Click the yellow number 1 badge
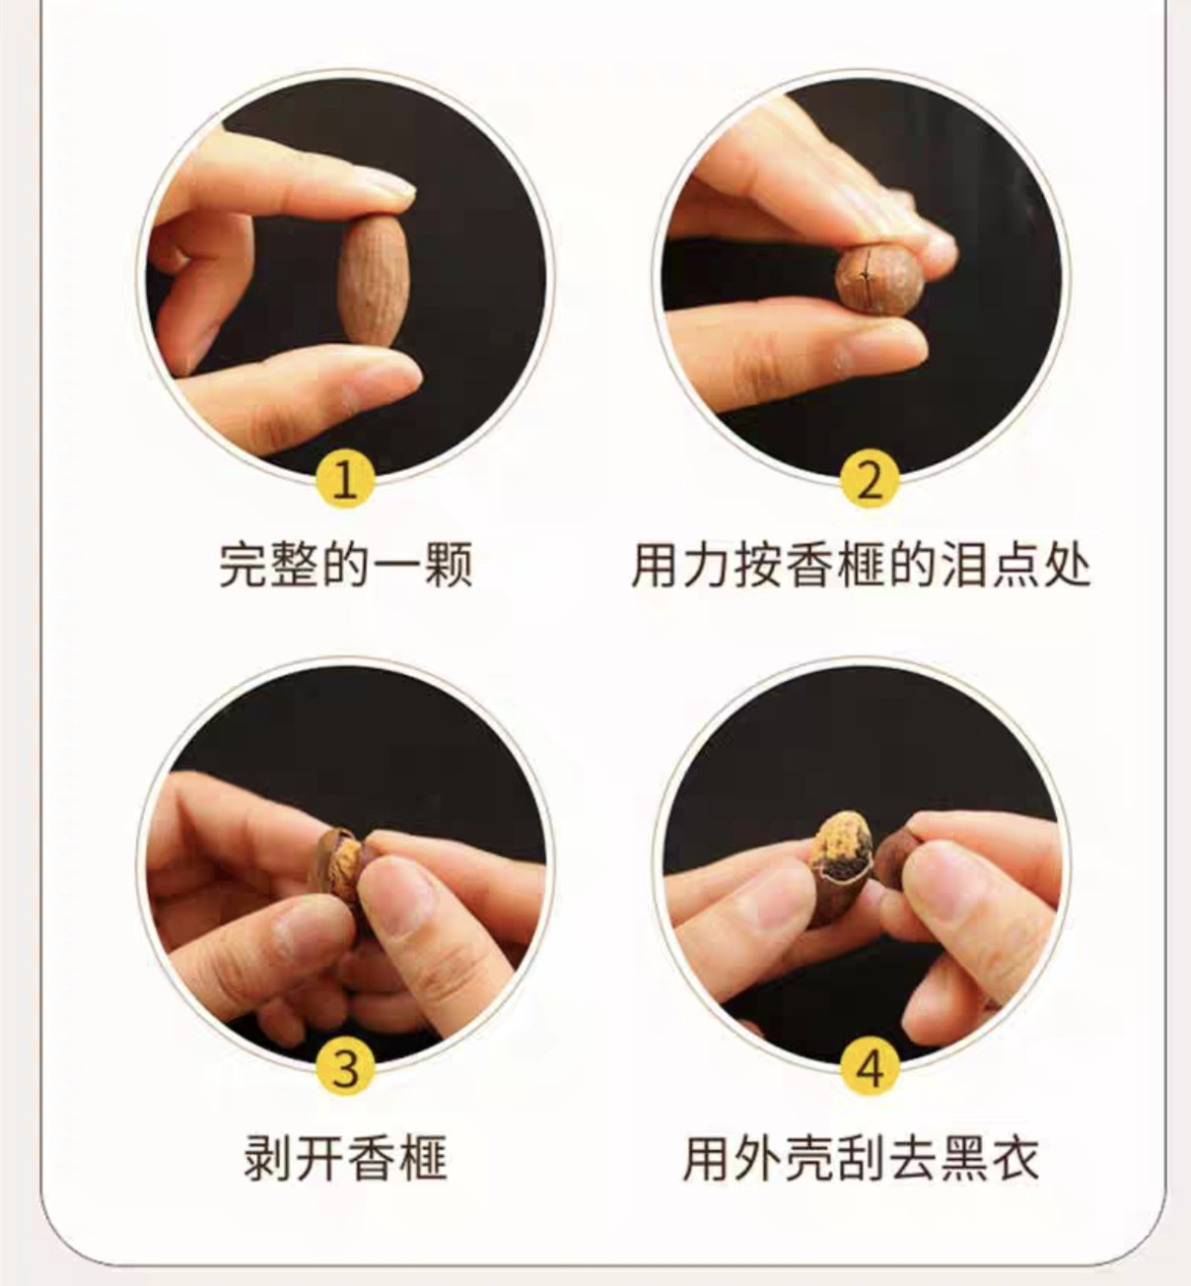click(345, 480)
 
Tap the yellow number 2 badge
click(870, 480)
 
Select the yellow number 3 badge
click(345, 1068)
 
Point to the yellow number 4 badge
click(870, 1068)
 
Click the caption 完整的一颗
click(345, 566)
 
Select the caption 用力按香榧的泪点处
click(861, 566)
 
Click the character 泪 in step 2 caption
click(963, 566)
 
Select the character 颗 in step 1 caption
click(449, 566)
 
